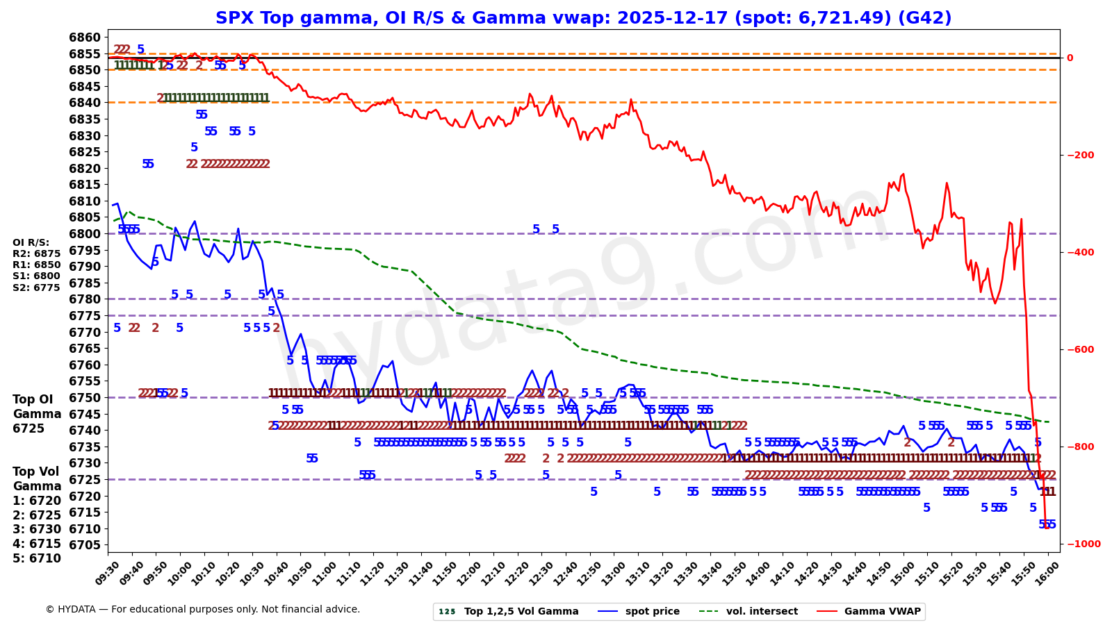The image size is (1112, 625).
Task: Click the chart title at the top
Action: pos(583,18)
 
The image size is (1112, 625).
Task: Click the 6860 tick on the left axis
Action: pos(85,37)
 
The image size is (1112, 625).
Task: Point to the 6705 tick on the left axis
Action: pos(85,545)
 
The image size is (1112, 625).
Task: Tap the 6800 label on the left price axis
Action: pos(85,234)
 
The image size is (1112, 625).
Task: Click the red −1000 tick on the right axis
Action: pos(1084,544)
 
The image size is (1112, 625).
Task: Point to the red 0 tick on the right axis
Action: pos(1070,58)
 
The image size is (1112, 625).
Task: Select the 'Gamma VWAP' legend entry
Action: pos(882,612)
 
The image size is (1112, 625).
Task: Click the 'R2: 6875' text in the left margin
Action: pos(37,254)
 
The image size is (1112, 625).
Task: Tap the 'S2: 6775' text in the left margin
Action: pos(37,287)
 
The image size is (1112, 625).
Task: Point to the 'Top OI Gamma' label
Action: pos(33,407)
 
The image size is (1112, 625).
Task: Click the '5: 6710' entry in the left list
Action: pos(37,558)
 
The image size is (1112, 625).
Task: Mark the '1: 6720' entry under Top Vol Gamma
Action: pos(37,501)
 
